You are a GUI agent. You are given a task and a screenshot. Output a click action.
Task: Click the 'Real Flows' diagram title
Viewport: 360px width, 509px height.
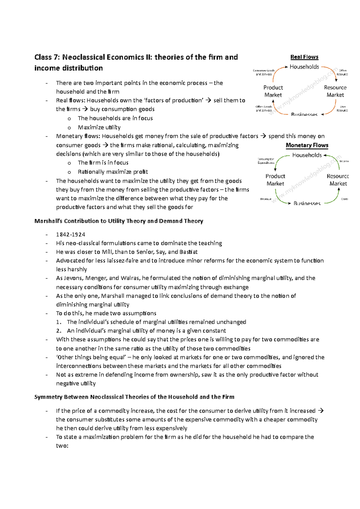[304, 57]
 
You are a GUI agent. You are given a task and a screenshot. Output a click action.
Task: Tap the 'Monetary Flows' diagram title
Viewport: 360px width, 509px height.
[307, 145]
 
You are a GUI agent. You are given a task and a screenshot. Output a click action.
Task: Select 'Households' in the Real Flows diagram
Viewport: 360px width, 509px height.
[304, 67]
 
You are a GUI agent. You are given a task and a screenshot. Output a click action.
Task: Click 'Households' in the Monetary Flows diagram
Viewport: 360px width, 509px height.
[307, 155]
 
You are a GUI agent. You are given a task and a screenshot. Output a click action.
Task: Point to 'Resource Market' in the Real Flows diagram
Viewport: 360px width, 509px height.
[335, 91]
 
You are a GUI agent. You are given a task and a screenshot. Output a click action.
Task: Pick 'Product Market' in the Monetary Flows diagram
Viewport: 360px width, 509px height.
[275, 180]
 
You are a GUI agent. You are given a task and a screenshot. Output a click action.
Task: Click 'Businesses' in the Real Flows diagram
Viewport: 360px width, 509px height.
[304, 115]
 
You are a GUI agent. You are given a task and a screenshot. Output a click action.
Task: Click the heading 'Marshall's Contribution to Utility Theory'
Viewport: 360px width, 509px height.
[118, 221]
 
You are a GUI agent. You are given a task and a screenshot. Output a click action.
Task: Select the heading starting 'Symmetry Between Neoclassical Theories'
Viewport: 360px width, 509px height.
[134, 397]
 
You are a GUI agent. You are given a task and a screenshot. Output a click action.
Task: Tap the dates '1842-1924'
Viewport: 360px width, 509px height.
[70, 234]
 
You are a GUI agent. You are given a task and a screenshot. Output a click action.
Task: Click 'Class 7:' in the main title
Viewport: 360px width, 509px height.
[47, 57]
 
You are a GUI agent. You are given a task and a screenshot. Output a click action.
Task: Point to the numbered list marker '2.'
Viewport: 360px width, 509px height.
[59, 331]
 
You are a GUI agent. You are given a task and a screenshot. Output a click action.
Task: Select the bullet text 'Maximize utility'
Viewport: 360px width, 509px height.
[99, 127]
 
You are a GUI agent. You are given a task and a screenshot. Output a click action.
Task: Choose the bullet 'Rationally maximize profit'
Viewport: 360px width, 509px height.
[113, 172]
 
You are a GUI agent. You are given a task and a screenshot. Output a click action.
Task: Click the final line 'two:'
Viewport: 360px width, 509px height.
[62, 446]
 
